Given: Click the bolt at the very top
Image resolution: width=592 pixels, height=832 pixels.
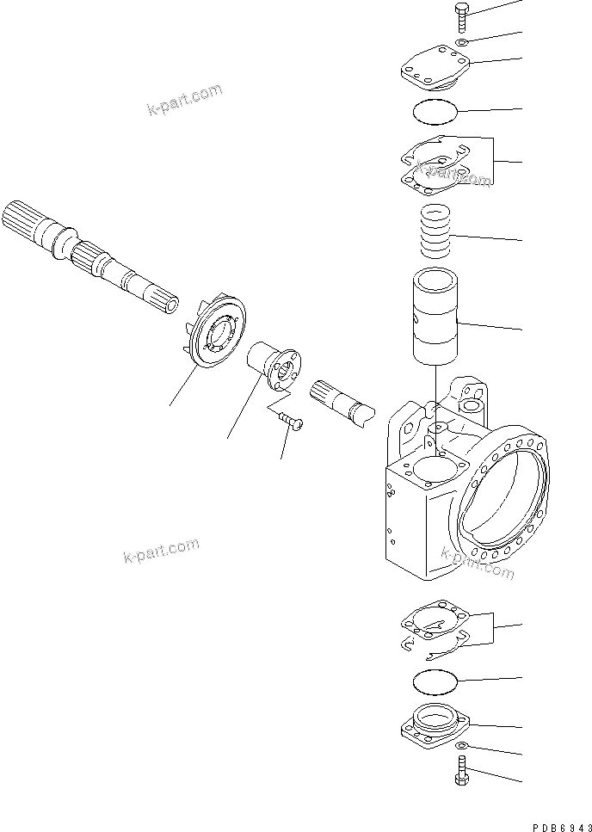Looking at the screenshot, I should point(457,17).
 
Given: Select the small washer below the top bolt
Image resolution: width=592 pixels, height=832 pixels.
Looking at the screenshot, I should point(462,42).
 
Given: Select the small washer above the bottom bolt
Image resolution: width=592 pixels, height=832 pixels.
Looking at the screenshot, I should point(462,745).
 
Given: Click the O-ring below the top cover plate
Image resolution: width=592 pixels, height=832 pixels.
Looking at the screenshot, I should point(435,112).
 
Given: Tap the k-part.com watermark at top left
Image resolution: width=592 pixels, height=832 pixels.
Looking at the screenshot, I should point(184,102).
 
